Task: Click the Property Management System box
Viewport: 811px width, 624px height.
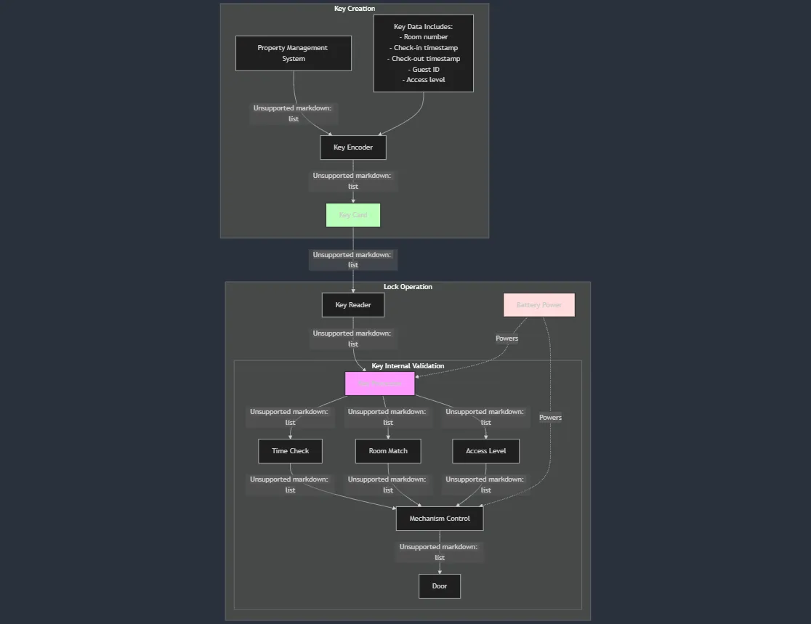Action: (x=293, y=53)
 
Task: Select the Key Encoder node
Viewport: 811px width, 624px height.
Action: (x=352, y=147)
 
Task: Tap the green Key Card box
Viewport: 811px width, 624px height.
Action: (x=352, y=215)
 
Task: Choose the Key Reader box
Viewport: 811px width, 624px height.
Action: (x=352, y=305)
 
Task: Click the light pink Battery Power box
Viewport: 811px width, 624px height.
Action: (x=538, y=305)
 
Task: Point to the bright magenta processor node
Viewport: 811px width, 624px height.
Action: (x=379, y=384)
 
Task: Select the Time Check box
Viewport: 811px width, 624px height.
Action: (x=290, y=451)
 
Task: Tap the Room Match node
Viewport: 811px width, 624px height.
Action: (x=388, y=451)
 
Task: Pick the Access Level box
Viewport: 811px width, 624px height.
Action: (x=485, y=451)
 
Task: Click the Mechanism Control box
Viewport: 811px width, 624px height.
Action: (x=439, y=519)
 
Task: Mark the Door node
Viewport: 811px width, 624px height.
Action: (x=439, y=586)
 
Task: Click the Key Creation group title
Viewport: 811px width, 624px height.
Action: (x=355, y=9)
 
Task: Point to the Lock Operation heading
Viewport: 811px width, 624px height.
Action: (x=408, y=287)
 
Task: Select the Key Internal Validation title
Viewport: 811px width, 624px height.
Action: (x=408, y=366)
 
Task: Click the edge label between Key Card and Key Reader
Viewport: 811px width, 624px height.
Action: (x=352, y=260)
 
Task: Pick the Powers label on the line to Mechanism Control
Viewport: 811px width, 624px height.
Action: (x=550, y=418)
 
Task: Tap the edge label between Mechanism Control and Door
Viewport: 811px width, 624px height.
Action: (x=439, y=552)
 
